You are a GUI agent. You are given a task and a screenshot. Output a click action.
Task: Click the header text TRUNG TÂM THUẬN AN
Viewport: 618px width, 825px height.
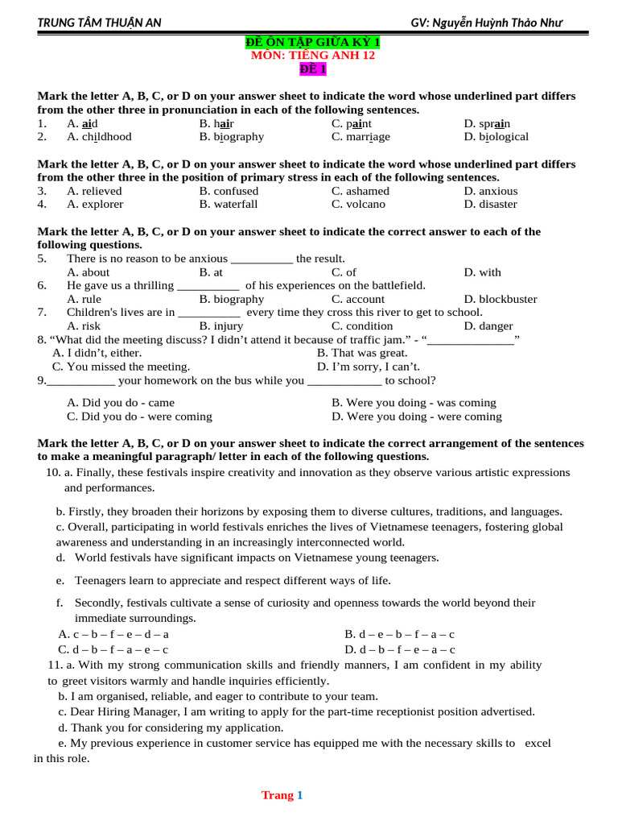(99, 23)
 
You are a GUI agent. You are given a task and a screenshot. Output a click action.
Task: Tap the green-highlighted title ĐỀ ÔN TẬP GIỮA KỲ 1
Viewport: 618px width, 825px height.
(312, 42)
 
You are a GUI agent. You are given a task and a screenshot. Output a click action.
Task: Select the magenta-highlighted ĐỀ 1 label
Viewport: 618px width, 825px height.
(312, 69)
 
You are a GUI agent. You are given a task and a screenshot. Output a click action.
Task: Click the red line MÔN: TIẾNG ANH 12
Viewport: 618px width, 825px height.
(312, 56)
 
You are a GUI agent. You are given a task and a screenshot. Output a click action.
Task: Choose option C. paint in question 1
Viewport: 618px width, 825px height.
(352, 123)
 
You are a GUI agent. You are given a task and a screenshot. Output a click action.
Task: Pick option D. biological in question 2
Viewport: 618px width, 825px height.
(496, 136)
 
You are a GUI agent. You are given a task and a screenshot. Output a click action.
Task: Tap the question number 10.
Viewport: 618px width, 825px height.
(53, 472)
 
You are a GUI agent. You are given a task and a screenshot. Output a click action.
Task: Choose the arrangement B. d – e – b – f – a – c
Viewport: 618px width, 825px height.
(399, 634)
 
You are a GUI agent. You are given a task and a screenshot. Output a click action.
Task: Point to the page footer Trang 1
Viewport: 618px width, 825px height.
(282, 795)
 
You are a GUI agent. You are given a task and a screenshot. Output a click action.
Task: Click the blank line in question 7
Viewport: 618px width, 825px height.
(208, 313)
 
